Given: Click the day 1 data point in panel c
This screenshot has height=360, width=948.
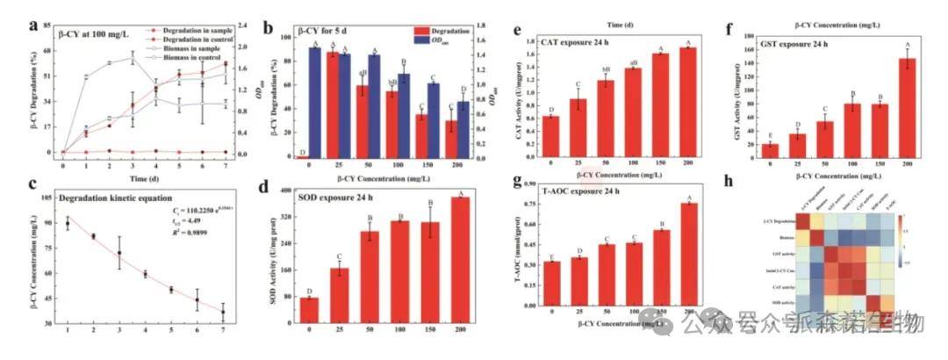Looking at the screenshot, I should tap(68, 223).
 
